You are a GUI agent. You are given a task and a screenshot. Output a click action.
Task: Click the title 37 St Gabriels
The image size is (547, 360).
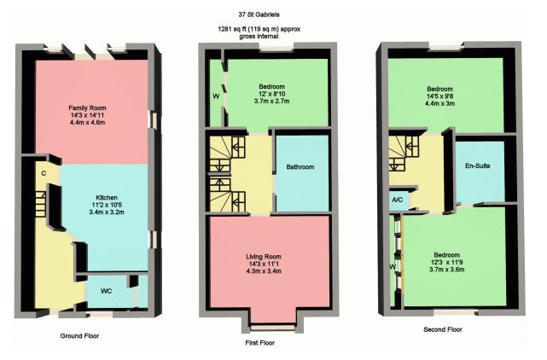pyautogui.click(x=259, y=15)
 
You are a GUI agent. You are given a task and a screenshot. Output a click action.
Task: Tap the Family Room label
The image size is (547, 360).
pyautogui.click(x=87, y=107)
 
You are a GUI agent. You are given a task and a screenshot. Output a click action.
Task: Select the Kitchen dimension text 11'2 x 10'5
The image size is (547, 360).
pyautogui.click(x=107, y=205)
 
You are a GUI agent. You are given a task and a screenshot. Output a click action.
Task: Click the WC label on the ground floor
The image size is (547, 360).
pyautogui.click(x=106, y=291)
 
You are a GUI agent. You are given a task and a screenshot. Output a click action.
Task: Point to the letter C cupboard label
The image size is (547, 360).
pyautogui.click(x=44, y=173)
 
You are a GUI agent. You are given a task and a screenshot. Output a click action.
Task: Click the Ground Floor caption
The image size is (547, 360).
pyautogui.click(x=79, y=336)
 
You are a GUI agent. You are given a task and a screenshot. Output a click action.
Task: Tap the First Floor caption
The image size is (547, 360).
pyautogui.click(x=260, y=343)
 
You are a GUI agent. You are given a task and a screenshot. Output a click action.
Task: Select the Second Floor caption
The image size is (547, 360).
pyautogui.click(x=443, y=329)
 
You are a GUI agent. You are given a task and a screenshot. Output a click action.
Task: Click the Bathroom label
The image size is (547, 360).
pyautogui.click(x=300, y=166)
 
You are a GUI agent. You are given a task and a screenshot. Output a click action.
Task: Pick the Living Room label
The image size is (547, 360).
pyautogui.click(x=264, y=257)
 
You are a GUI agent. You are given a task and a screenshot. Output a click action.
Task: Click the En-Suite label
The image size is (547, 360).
pyautogui.click(x=478, y=165)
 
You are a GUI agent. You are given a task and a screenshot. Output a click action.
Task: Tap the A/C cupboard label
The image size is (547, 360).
pyautogui.click(x=398, y=200)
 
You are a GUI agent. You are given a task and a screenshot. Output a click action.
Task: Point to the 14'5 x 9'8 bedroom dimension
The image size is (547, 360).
pyautogui.click(x=439, y=96)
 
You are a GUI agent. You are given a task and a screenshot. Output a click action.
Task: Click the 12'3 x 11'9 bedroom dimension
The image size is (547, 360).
pyautogui.click(x=447, y=263)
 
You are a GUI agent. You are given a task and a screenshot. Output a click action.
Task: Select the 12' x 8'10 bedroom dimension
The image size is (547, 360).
pyautogui.click(x=271, y=94)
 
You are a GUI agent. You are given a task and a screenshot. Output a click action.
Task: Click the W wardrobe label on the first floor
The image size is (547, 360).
pyautogui.click(x=216, y=96)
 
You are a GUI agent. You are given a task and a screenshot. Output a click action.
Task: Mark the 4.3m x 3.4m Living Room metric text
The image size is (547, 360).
pyautogui.click(x=264, y=271)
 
